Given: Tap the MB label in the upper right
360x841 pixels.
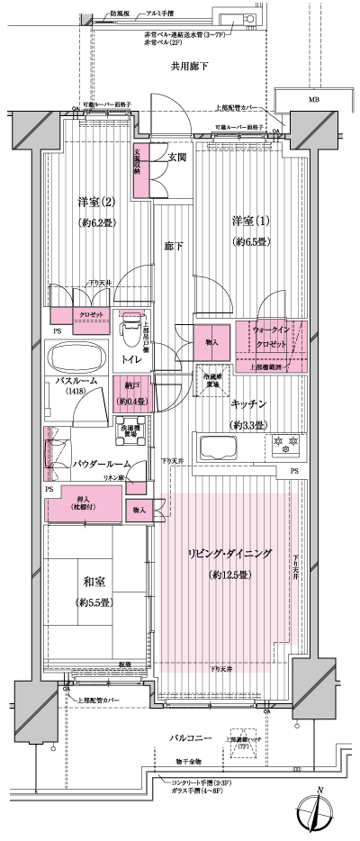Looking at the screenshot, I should [x=314, y=99].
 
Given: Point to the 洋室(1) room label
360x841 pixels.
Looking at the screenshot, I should [x=246, y=222].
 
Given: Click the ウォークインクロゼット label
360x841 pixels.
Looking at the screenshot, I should [x=271, y=339].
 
